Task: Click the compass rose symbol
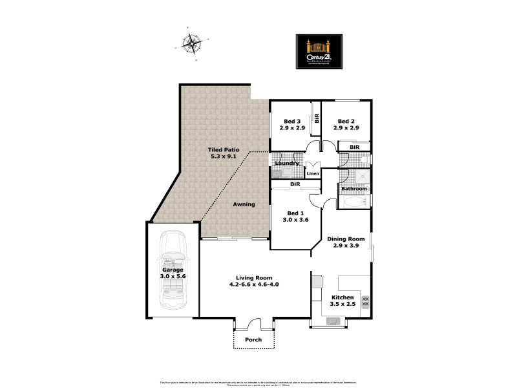coord(191,44)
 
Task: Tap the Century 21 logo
coord(319,51)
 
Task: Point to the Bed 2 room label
coord(346,122)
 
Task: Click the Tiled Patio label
coord(224,149)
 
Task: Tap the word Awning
coord(244,204)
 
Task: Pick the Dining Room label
coord(349,239)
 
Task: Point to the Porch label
coord(253,340)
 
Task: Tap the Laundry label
coord(286,164)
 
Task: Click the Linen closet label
coord(313,174)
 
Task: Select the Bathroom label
coord(353,189)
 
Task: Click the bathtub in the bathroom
coord(354,202)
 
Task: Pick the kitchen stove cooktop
coord(366,301)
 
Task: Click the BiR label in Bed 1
coord(295,185)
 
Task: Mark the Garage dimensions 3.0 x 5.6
coord(173,276)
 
